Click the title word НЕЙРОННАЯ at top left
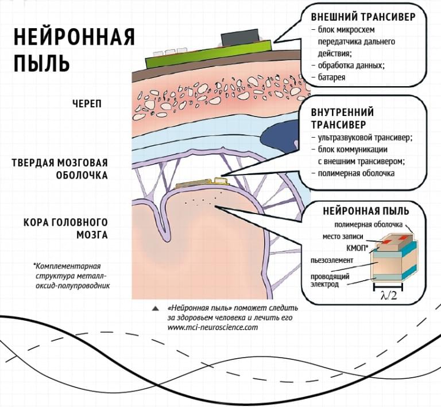pos(74,37)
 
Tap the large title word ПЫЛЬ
pos(42,63)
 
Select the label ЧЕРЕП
pos(88,104)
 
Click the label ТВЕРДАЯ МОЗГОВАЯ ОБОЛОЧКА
pos(60,169)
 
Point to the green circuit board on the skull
pos(189,57)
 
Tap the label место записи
pos(339,236)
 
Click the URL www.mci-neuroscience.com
pos(212,327)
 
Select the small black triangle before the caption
pos(155,308)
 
